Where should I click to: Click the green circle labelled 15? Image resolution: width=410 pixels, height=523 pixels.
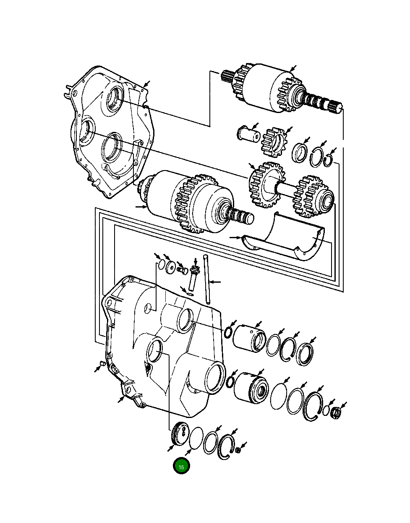point(181,466)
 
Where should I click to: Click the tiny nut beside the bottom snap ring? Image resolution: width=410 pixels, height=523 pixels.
point(238,450)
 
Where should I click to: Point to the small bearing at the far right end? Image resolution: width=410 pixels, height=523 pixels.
point(335,413)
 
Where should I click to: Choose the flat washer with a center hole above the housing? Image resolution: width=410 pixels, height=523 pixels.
point(170,268)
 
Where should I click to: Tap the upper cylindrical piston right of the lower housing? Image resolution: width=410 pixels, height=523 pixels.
point(249,337)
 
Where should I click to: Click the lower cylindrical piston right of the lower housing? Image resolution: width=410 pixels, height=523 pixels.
point(251,387)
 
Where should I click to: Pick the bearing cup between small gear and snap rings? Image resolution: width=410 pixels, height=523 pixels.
point(300,152)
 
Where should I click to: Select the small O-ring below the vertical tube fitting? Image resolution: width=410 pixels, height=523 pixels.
point(189,293)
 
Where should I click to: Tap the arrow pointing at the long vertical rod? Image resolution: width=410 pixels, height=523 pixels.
point(215,281)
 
